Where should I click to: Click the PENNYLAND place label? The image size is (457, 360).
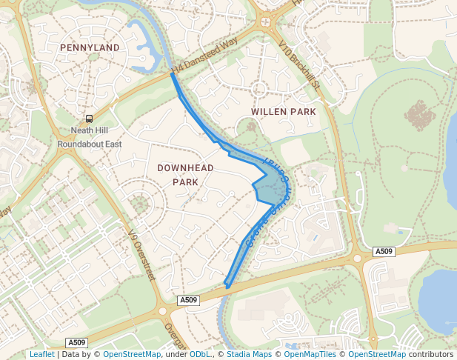pyautogui.click(x=90, y=47)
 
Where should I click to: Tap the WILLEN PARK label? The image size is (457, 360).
pyautogui.click(x=284, y=111)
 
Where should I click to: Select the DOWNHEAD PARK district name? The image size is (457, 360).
pyautogui.click(x=185, y=175)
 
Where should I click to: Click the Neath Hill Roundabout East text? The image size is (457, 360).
pyautogui.click(x=90, y=136)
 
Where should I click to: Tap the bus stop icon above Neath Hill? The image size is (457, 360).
pyautogui.click(x=90, y=118)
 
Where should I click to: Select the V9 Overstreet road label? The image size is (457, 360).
pyautogui.click(x=139, y=252)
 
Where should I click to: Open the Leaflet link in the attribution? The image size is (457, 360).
pyautogui.click(x=41, y=354)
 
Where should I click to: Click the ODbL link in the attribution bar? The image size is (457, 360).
pyautogui.click(x=201, y=354)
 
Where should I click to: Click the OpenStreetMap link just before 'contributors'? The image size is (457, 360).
pyautogui.click(x=377, y=354)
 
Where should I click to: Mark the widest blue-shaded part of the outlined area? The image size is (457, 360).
pyautogui.click(x=272, y=187)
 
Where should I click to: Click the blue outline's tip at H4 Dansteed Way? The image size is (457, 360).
pyautogui.click(x=173, y=73)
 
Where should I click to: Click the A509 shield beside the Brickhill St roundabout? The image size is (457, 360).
pyautogui.click(x=384, y=252)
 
